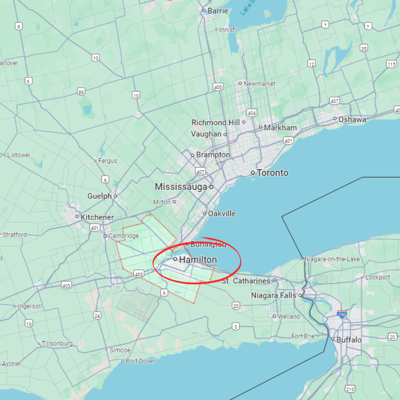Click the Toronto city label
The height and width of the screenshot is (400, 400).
click(x=272, y=173)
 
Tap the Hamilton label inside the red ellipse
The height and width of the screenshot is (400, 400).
click(x=198, y=260)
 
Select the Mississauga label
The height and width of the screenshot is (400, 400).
click(x=181, y=187)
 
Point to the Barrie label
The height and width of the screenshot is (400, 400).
click(x=218, y=11)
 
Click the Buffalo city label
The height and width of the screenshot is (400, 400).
click(x=349, y=340)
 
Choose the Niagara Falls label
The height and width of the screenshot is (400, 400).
click(x=274, y=296)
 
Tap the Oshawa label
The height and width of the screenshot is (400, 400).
click(x=352, y=119)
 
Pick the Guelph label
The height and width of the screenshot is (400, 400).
click(x=100, y=196)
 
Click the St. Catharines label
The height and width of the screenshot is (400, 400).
click(x=246, y=281)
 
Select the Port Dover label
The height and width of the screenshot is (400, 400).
click(x=140, y=361)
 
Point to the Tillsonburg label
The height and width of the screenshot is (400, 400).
click(x=57, y=343)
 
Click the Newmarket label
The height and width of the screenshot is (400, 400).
click(x=260, y=84)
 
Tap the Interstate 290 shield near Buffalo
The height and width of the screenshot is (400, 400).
click(x=342, y=314)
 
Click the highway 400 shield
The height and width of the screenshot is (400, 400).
click(x=218, y=87)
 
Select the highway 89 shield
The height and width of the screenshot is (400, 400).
click(x=82, y=92)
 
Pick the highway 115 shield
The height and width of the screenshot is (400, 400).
click(x=392, y=64)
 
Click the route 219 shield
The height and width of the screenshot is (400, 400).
click(x=350, y=389)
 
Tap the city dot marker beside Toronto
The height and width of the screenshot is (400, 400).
click(x=253, y=173)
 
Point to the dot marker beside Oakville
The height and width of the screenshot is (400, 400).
click(x=204, y=214)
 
